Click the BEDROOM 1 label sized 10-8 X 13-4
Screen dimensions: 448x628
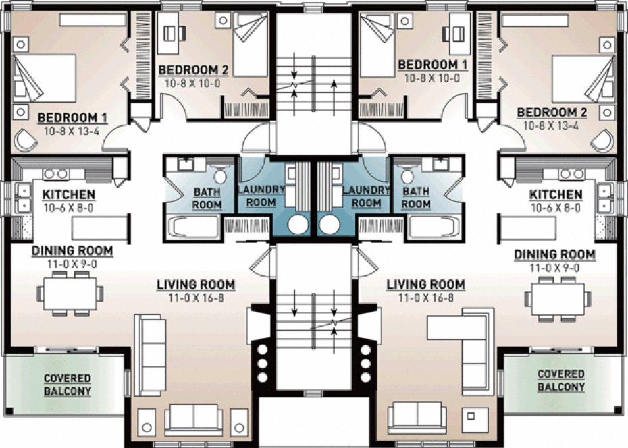click(68, 117)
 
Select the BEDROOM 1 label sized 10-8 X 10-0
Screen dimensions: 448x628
click(431, 65)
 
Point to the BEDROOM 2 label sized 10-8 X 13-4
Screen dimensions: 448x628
click(552, 112)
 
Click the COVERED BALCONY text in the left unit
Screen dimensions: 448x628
click(68, 384)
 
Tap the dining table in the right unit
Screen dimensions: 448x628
click(558, 297)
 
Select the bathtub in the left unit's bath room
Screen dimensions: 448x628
click(193, 227)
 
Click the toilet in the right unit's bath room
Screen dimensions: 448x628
click(408, 177)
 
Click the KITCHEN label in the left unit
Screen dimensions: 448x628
click(69, 195)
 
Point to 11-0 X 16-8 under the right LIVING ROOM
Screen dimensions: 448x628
click(425, 297)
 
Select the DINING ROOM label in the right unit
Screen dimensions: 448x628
click(554, 254)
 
